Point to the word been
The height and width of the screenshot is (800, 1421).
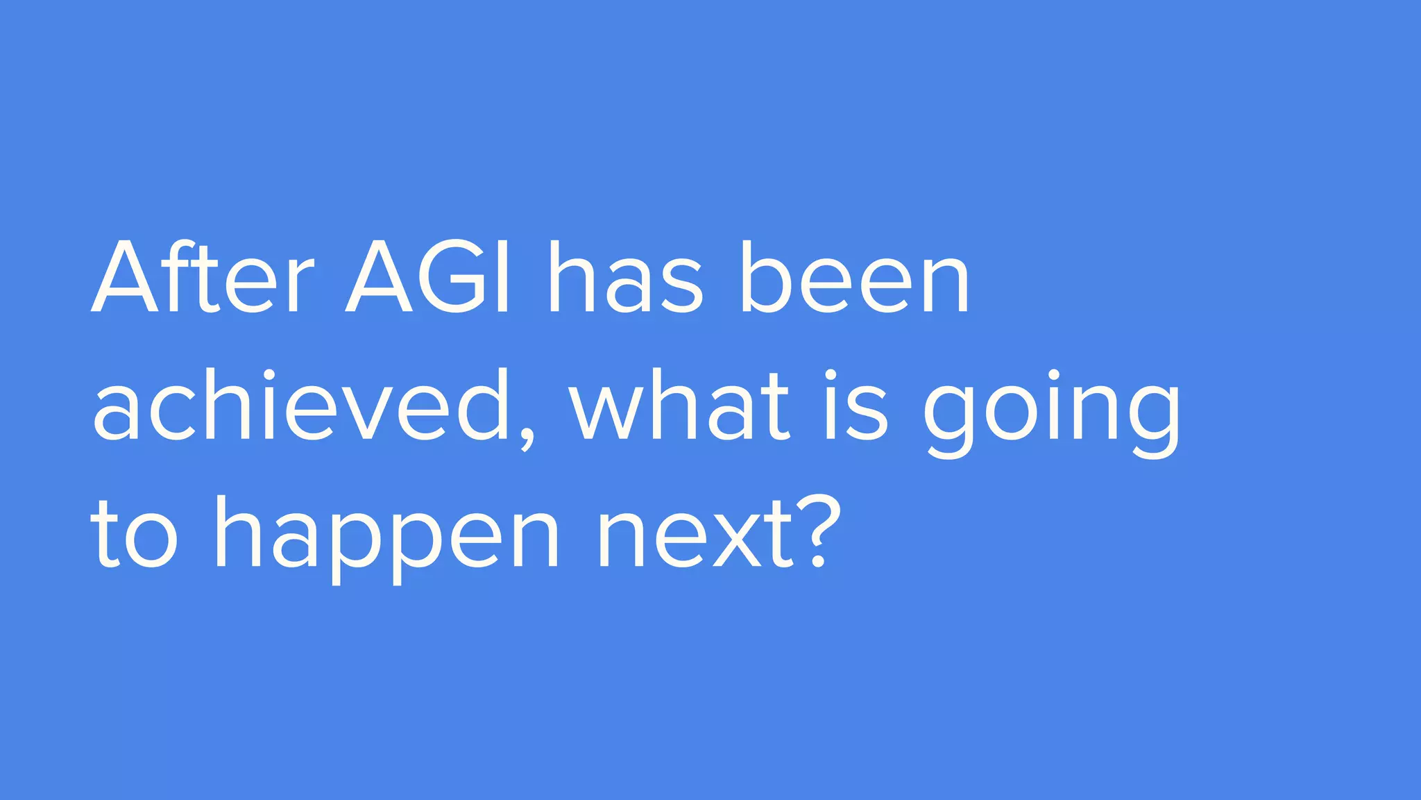pyautogui.click(x=854, y=278)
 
